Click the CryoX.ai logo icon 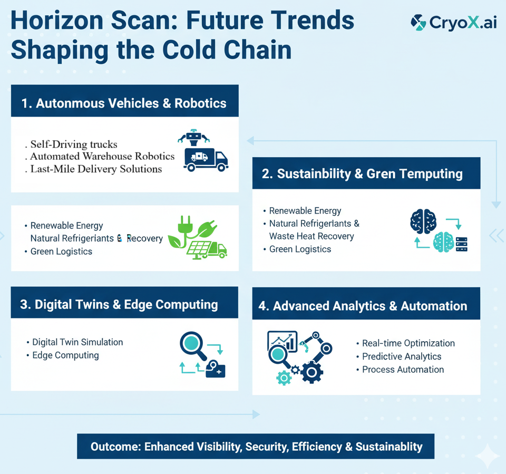(x=419, y=22)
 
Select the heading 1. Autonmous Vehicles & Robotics (x=124, y=103)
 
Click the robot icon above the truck (x=193, y=138)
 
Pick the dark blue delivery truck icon (x=206, y=159)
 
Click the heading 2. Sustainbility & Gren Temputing (x=362, y=174)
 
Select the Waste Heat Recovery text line (x=311, y=236)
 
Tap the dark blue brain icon (x=423, y=221)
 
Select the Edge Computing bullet (x=65, y=355)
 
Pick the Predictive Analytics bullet (x=402, y=356)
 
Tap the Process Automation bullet (x=403, y=370)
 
